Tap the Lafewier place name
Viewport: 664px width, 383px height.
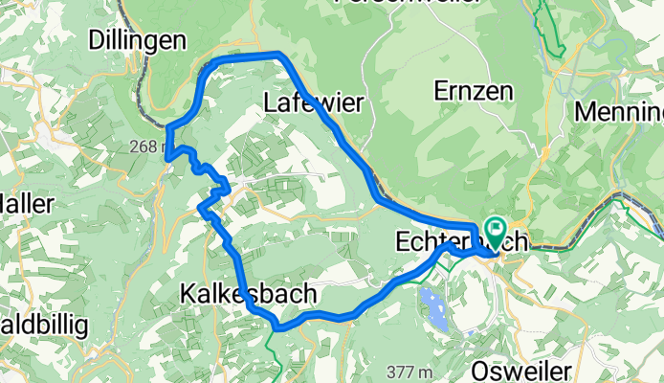[x=312, y=102]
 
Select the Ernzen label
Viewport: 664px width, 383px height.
[x=473, y=92]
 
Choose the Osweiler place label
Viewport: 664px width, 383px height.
[x=522, y=371]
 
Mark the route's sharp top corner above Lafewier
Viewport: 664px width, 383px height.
[x=277, y=54]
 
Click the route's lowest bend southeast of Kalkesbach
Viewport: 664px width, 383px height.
[x=277, y=327]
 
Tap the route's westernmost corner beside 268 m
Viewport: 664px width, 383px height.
[x=166, y=156]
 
